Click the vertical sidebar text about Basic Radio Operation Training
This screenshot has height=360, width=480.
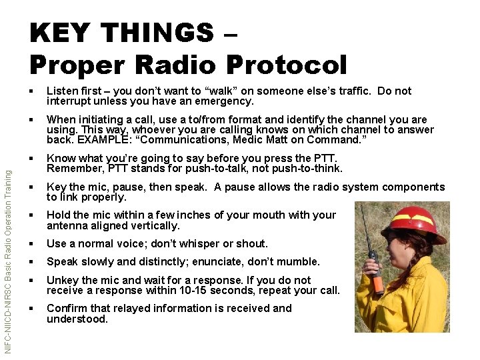tap(7, 261)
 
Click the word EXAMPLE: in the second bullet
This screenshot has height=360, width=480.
tap(101, 139)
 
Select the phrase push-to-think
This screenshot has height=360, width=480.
tap(308, 169)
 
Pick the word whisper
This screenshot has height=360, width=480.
tap(197, 243)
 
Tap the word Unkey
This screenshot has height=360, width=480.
tap(61, 280)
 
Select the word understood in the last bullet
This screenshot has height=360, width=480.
tap(77, 319)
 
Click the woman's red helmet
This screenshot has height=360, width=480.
tap(419, 222)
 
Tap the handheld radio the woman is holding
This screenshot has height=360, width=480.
tap(376, 270)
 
